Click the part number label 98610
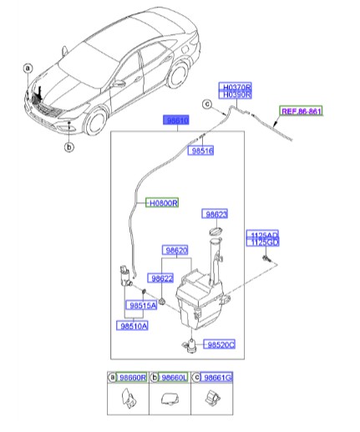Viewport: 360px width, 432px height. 176,121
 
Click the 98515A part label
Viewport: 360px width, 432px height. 143,307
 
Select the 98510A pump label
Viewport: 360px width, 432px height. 133,327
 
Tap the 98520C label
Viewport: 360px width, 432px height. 221,344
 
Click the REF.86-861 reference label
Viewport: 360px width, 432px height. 301,110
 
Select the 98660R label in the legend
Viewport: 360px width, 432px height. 132,378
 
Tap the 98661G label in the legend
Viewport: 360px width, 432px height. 217,378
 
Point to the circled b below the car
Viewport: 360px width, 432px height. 69,148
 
